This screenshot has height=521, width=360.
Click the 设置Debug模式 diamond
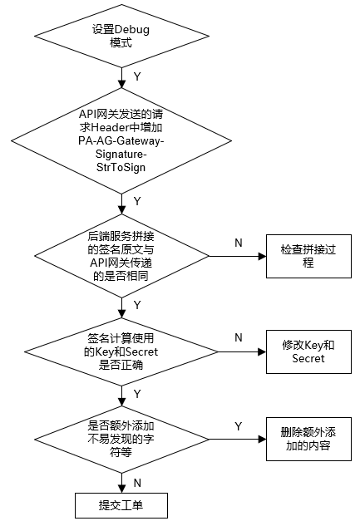pyautogui.click(x=121, y=37)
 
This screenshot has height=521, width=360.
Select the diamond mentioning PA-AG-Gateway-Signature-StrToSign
pyautogui.click(x=121, y=140)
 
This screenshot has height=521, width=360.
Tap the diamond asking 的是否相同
pyautogui.click(x=121, y=256)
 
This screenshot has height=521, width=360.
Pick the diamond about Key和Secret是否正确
pyautogui.click(x=121, y=351)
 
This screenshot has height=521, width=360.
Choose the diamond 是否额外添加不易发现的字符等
pyautogui.click(x=121, y=439)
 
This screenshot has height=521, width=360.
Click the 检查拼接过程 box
pyautogui.click(x=308, y=256)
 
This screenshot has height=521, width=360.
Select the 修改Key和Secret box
pyautogui.click(x=308, y=351)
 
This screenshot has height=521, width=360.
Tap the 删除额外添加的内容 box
pyautogui.click(x=308, y=439)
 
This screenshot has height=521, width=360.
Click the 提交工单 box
pyautogui.click(x=121, y=505)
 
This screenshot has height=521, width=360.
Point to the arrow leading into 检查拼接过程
pyautogui.click(x=238, y=256)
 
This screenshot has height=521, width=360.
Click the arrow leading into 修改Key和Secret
pyautogui.click(x=242, y=351)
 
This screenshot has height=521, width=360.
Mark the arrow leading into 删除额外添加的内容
pyautogui.click(x=238, y=439)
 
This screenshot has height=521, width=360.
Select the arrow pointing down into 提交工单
pyautogui.click(x=121, y=483)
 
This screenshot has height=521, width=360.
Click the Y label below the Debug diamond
pyautogui.click(x=137, y=76)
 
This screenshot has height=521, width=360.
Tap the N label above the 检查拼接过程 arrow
pyautogui.click(x=239, y=243)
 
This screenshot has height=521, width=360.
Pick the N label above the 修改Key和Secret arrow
pyautogui.click(x=239, y=337)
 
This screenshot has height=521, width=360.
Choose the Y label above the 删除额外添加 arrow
pyautogui.click(x=239, y=426)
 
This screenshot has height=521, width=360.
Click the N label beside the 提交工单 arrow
pyautogui.click(x=137, y=483)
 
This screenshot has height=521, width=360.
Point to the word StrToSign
pyautogui.click(x=121, y=167)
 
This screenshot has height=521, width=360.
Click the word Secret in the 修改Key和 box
pyautogui.click(x=308, y=358)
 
